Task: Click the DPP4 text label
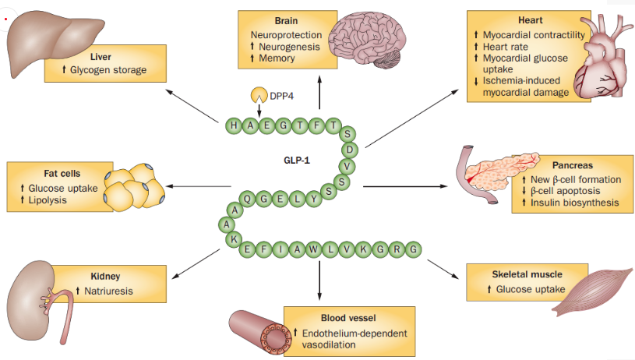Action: click(x=284, y=95)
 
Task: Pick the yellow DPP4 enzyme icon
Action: click(x=258, y=95)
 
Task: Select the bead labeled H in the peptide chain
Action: click(x=233, y=125)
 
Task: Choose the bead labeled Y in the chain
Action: click(x=314, y=199)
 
